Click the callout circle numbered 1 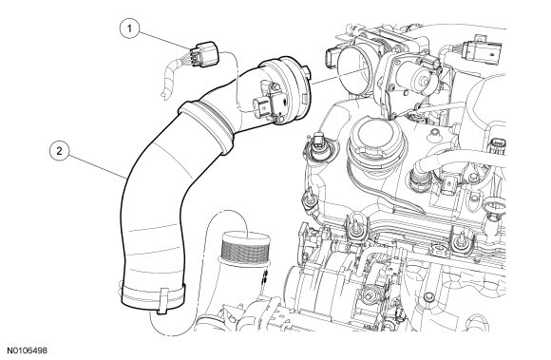(129, 28)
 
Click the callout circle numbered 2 (60, 151)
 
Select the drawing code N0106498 (28, 351)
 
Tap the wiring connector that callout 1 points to (203, 54)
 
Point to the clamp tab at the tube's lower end (162, 301)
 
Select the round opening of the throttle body (355, 71)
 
